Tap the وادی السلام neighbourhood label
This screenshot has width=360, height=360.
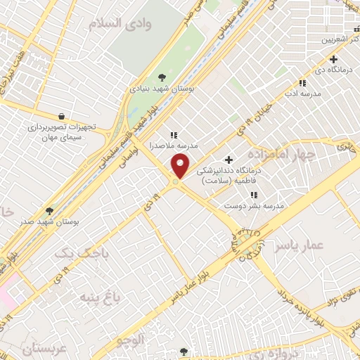(x=120, y=24)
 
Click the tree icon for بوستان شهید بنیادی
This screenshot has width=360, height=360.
(x=162, y=77)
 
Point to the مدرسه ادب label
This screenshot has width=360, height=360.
(x=302, y=93)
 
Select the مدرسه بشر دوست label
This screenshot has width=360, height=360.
(x=253, y=205)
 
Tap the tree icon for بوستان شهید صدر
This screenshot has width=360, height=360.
(x=49, y=210)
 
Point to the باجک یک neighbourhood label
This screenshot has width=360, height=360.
(x=73, y=252)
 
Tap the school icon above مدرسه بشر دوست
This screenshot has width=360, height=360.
(x=253, y=195)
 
